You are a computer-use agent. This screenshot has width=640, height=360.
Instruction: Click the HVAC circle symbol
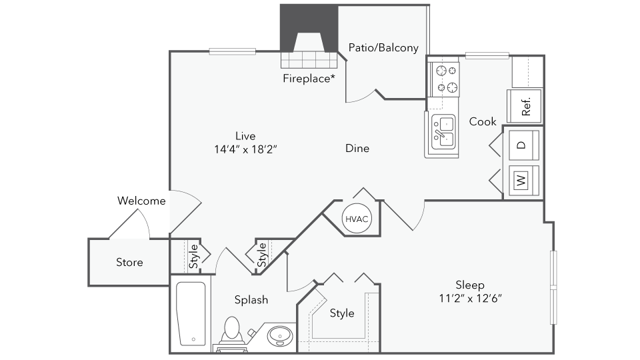click(x=357, y=219)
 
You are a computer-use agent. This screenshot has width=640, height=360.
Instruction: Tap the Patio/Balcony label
click(x=383, y=48)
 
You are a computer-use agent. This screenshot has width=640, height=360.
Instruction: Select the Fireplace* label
click(x=309, y=78)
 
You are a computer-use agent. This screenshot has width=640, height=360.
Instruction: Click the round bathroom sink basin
click(x=280, y=336)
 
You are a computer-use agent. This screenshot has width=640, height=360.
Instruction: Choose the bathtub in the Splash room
click(x=191, y=313)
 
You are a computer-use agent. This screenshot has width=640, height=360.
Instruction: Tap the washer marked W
click(x=524, y=180)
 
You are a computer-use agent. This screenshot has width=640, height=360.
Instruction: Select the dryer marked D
click(x=524, y=145)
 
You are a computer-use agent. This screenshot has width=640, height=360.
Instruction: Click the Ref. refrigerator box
click(x=525, y=106)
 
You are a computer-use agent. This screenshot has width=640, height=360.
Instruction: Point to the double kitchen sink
click(x=443, y=132)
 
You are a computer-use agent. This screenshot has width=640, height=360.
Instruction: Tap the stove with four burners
click(x=443, y=79)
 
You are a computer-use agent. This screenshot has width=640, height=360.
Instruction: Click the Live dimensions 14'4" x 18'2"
click(x=245, y=149)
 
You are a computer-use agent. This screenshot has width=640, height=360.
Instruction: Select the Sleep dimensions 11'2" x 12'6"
click(x=470, y=299)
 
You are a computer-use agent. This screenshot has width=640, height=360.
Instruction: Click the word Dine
click(x=357, y=148)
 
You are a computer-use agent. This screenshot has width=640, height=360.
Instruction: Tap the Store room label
click(x=129, y=262)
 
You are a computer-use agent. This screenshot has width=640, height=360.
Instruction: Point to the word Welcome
click(x=141, y=201)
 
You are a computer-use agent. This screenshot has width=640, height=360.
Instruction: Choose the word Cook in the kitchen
click(x=483, y=121)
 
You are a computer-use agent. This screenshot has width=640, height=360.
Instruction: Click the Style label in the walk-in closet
click(x=341, y=313)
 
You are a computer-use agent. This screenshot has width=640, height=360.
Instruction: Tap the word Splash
click(x=251, y=300)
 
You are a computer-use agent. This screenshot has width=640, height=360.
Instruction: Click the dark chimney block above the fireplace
click(x=309, y=28)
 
